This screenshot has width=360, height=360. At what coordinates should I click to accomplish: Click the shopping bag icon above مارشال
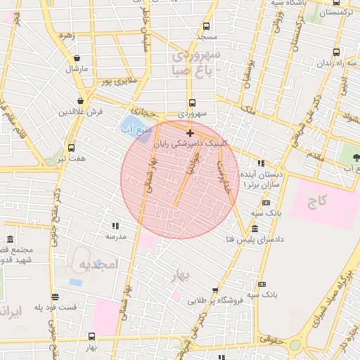pyautogui.click(x=77, y=58)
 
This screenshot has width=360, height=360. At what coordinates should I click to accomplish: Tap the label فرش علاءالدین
pyautogui.click(x=81, y=112)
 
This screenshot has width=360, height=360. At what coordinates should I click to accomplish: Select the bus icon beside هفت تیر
pyautogui.click(x=71, y=148)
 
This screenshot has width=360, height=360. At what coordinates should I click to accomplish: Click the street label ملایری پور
pyautogui.click(x=117, y=81)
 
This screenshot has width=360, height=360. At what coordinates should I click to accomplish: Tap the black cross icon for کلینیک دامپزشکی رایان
pyautogui.click(x=190, y=132)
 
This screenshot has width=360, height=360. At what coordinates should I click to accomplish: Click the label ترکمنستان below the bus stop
pyautogui.click(x=335, y=13)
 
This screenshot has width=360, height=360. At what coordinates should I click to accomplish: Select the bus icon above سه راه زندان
pyautogui.click(x=335, y=52)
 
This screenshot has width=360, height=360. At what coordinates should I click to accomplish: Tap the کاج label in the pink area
pyautogui.click(x=318, y=202)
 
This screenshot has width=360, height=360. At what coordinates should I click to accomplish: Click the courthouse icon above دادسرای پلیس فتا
pyautogui.click(x=254, y=229)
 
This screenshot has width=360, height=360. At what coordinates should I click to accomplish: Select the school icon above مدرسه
pyautogui.click(x=115, y=226)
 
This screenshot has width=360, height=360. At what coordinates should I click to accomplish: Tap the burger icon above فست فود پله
pyautogui.click(x=56, y=297)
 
